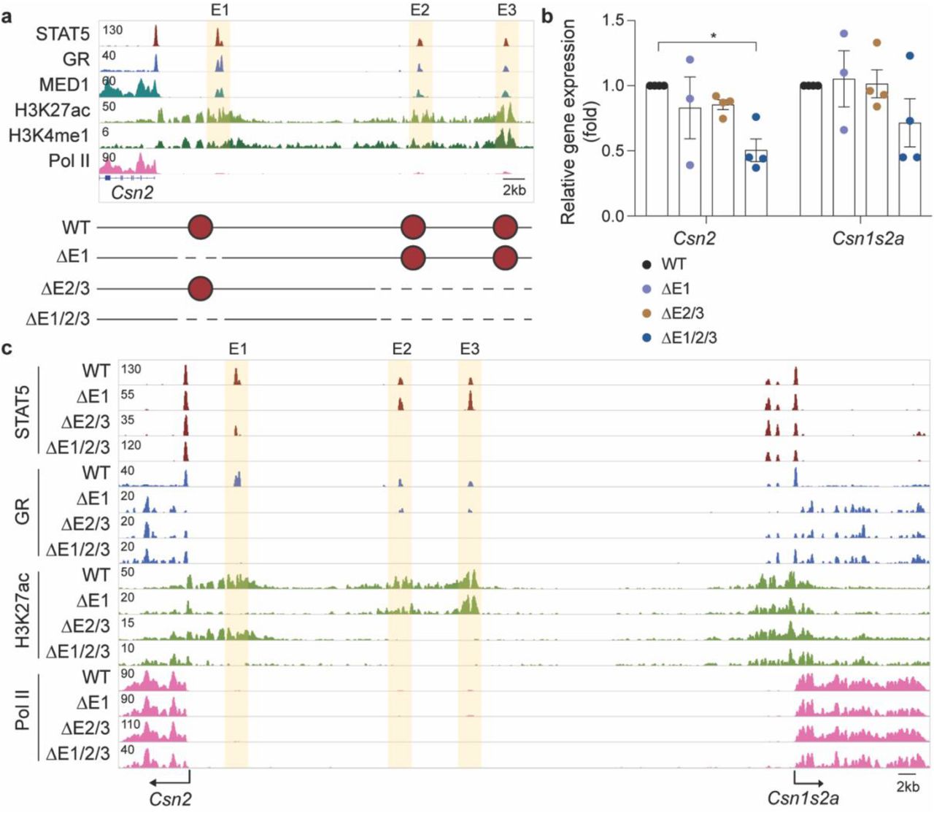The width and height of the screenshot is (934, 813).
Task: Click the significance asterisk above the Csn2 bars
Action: [713, 34]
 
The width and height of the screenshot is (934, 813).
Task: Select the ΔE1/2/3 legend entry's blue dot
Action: [647, 338]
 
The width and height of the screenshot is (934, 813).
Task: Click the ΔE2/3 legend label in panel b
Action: [682, 314]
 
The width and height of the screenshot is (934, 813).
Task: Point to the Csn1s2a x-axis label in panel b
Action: [868, 237]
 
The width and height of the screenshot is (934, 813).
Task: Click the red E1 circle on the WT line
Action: [201, 228]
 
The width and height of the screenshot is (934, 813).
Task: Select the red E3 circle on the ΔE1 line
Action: [506, 258]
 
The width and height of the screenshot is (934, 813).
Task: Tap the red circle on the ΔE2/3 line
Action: [201, 289]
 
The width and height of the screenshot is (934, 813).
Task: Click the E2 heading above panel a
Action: [420, 9]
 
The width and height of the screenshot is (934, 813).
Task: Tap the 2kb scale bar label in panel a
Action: [514, 190]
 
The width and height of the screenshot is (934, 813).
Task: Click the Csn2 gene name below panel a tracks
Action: [132, 193]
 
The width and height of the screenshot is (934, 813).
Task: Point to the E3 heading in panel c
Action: [469, 349]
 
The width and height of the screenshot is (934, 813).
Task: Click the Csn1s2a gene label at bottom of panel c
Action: [803, 798]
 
